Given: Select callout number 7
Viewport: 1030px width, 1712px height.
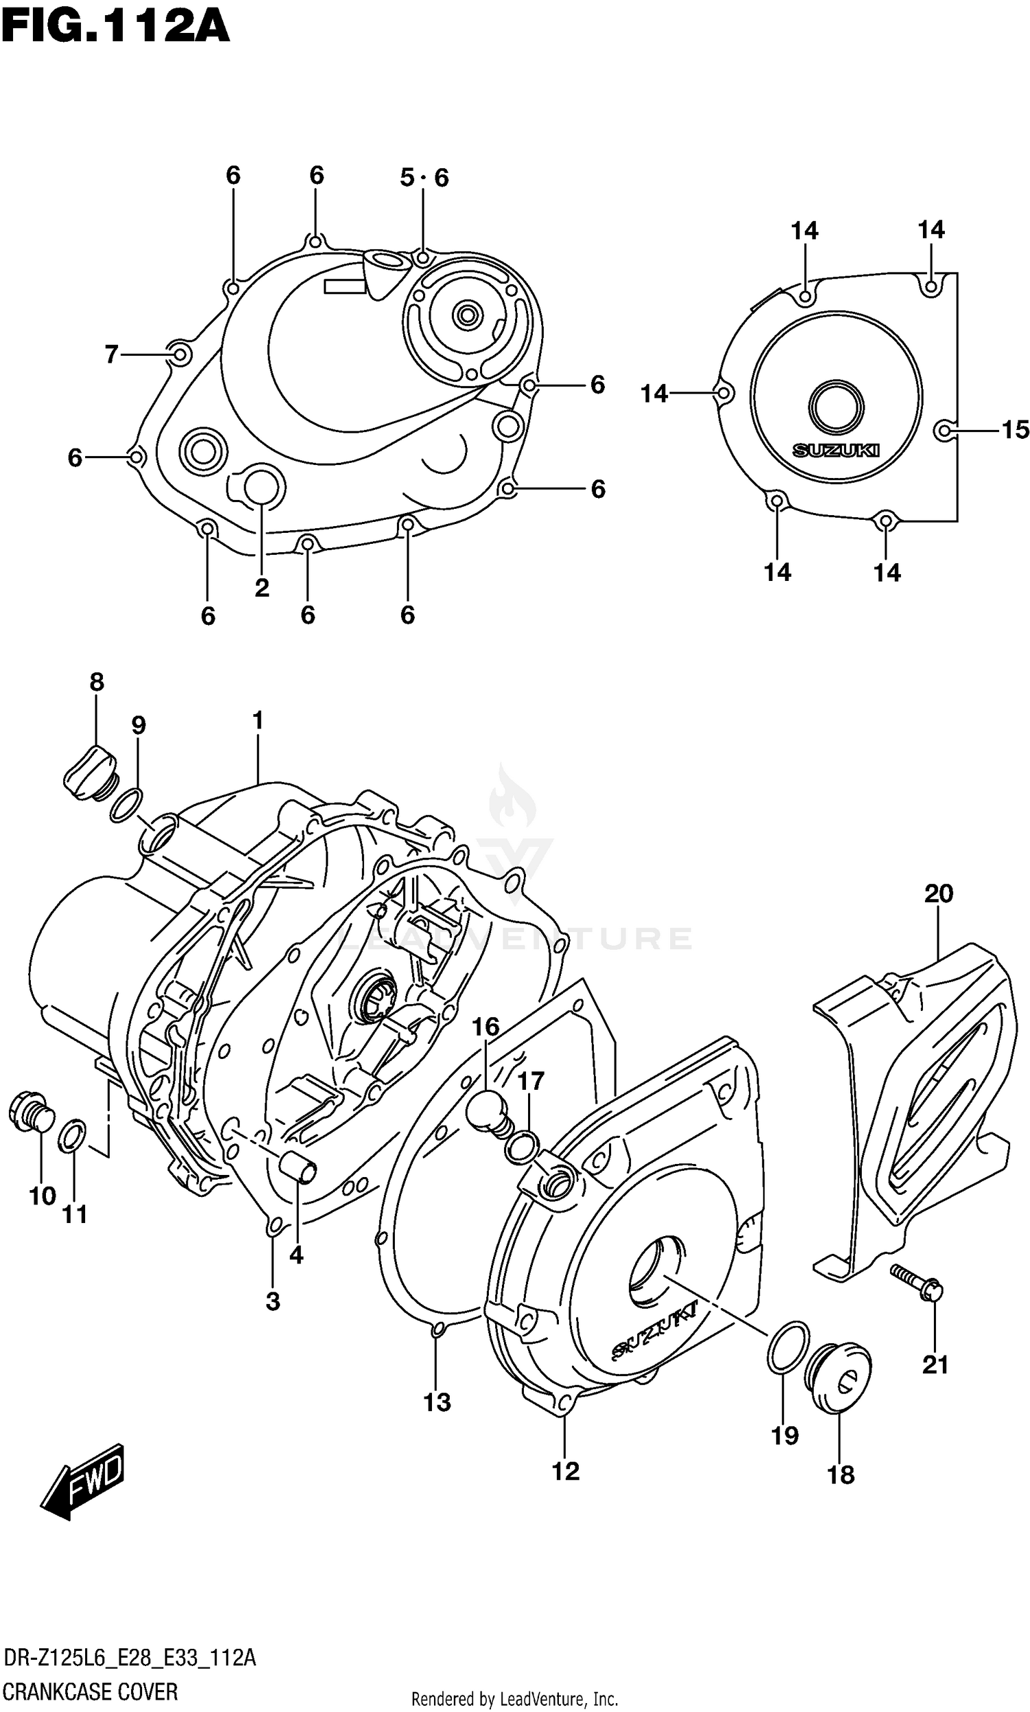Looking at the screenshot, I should (112, 354).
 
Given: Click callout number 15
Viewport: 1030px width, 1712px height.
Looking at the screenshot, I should (1015, 431).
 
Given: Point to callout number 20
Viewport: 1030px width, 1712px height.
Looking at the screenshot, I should (939, 894).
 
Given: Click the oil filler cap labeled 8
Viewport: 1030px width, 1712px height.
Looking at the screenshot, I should (91, 773).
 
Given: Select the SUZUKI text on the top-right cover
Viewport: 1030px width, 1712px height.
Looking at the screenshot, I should (836, 450).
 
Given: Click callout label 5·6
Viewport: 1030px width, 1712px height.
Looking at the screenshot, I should (424, 178).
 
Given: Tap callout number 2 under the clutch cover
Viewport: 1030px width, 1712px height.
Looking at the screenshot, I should (262, 589).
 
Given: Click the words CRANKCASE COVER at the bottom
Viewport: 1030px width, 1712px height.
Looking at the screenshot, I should (90, 1692).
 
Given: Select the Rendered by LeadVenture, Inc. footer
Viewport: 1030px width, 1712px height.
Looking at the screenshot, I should (514, 1699).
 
